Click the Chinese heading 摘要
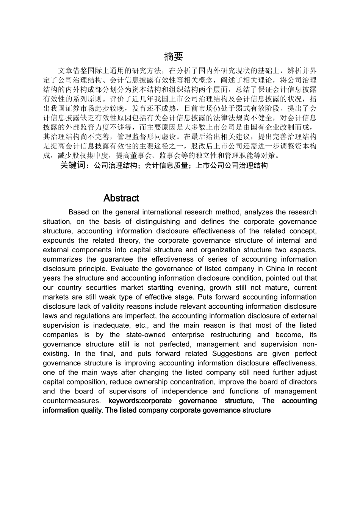coord(174,57)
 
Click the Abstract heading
coord(121,198)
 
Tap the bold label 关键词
coord(74,166)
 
